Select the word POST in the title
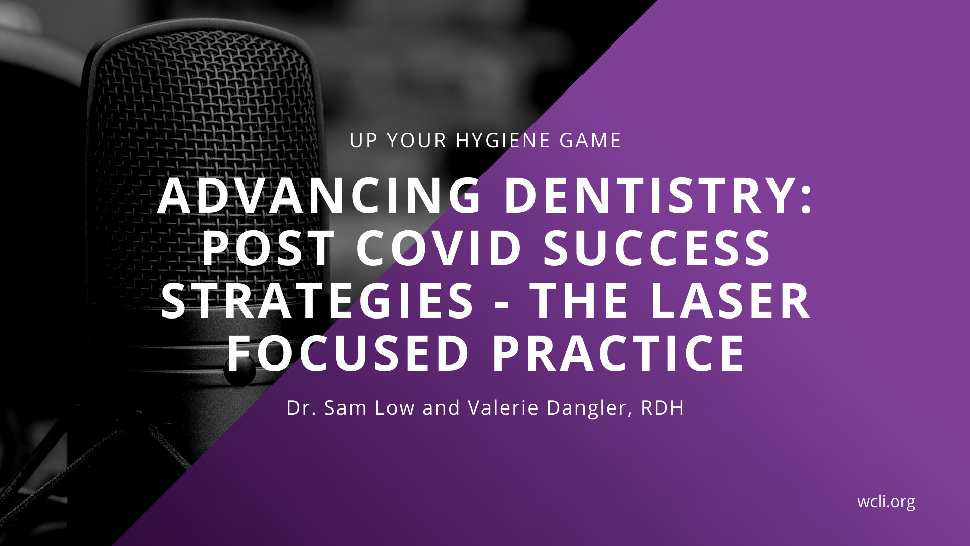[x=268, y=248]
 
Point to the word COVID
[x=439, y=248]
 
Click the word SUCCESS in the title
[x=657, y=248]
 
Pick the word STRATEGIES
[x=317, y=301]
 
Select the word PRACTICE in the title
[x=618, y=353]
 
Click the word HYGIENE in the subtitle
[x=503, y=141]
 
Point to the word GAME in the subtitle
[x=590, y=141]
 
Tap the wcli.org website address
[x=886, y=502]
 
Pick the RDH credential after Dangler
[x=662, y=408]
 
